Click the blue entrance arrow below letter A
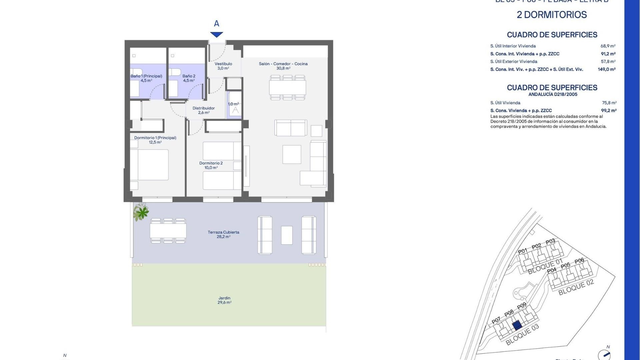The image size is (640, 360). pos(217,35)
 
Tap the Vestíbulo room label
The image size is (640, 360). pos(223,66)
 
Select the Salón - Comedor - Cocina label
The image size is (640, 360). pos(283,66)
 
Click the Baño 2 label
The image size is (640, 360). pos(189,78)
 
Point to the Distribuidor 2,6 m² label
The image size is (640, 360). pos(204,110)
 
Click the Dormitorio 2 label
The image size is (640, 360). pos(211,165)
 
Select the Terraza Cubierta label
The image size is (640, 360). pos(223,234)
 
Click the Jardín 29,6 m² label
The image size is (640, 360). pos(224,300)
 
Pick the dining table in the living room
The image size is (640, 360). pos(288,88)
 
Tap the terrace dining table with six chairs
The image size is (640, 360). pos(168,231)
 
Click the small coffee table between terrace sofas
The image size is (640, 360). pos(287,235)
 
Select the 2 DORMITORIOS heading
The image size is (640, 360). pos(552,15)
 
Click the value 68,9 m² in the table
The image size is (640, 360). pos(608,46)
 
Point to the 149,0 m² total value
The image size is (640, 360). pos(607,69)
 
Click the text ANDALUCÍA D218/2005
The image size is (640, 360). pos(553,94)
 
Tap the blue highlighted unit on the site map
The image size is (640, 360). pos(517,325)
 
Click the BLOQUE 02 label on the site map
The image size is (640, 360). pos(576,287)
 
